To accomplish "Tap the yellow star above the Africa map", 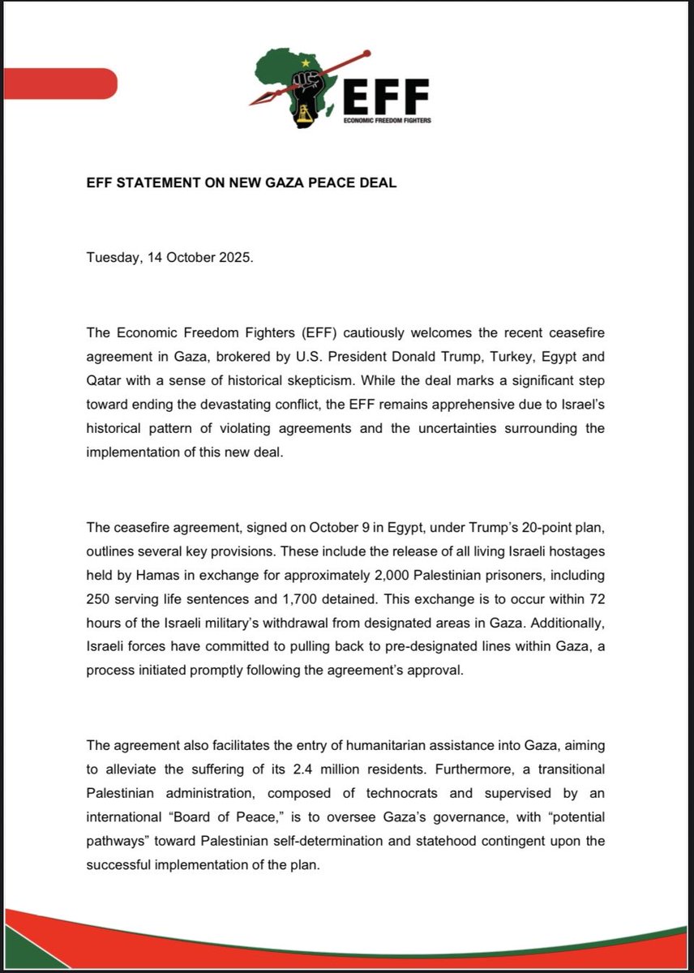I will coord(306,62).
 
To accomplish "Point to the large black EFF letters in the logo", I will coord(385,97).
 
